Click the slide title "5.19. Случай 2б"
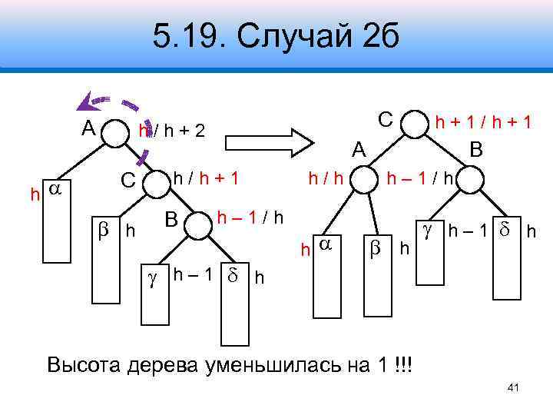[x=276, y=35]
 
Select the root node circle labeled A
[x=118, y=131]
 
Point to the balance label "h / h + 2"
[x=172, y=131]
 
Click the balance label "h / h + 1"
[x=206, y=179]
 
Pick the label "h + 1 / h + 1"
[x=484, y=121]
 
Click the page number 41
[x=514, y=388]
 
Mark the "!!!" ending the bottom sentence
[x=401, y=364]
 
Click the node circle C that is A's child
[x=154, y=181]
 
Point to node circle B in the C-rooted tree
[x=470, y=180]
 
